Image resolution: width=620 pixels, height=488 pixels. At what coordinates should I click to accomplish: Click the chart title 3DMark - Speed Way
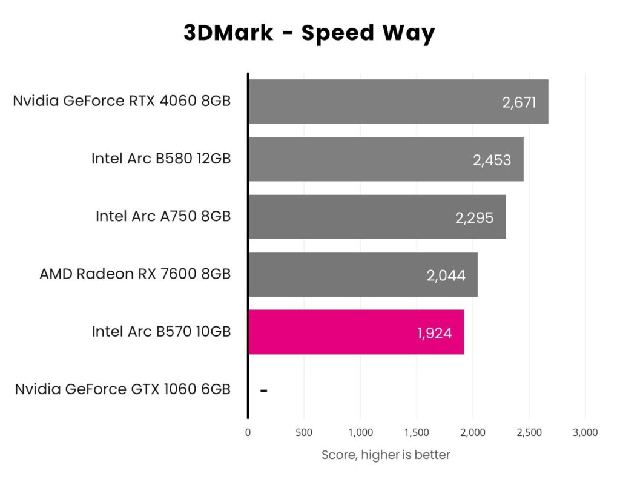[x=309, y=33]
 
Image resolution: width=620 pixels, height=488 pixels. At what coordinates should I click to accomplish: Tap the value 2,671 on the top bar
[x=519, y=102]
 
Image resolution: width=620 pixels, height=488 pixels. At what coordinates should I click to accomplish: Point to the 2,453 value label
[x=492, y=160]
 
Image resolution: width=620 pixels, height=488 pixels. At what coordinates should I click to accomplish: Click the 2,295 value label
[x=474, y=217]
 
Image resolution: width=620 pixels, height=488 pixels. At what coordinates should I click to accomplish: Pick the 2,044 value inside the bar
[x=446, y=275]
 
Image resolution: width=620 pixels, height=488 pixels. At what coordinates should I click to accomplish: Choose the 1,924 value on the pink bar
[x=434, y=333]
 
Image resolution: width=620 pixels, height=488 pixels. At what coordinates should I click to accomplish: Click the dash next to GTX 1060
[x=263, y=391]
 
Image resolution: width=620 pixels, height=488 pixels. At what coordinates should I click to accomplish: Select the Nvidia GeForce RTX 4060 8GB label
[x=122, y=101]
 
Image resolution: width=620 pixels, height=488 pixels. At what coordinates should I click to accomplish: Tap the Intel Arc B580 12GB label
[x=161, y=159]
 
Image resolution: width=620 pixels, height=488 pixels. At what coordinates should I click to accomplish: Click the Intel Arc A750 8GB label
[x=163, y=216]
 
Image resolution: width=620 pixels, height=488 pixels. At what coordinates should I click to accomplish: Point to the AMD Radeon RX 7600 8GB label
[x=135, y=274]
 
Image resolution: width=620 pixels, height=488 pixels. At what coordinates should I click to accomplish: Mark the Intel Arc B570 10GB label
[x=161, y=332]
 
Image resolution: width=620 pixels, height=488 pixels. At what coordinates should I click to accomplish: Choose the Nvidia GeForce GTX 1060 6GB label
[x=123, y=389]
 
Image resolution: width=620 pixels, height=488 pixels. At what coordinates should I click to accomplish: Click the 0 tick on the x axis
[x=248, y=432]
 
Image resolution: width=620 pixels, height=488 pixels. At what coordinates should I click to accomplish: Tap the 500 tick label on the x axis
[x=304, y=432]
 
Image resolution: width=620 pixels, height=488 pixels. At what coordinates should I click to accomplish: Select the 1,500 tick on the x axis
[x=416, y=432]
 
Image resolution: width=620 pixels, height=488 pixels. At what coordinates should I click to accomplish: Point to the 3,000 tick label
[x=584, y=432]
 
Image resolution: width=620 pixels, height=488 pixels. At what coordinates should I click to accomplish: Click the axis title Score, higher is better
[x=386, y=455]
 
